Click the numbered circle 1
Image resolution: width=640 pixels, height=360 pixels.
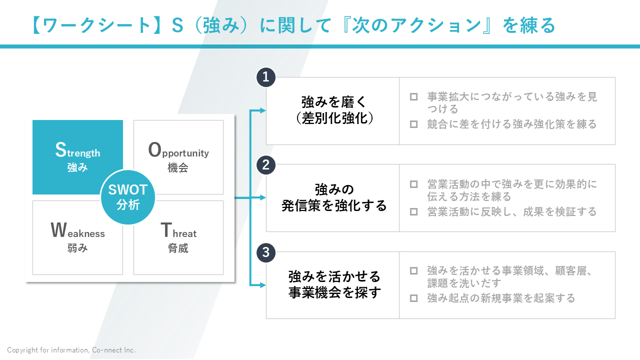click(x=266, y=77)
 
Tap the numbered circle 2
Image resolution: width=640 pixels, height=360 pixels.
click(x=266, y=164)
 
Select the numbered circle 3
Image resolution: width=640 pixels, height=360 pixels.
click(x=266, y=252)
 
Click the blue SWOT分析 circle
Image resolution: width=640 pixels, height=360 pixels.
click(x=128, y=197)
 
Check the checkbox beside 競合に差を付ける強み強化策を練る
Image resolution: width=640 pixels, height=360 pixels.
click(x=413, y=124)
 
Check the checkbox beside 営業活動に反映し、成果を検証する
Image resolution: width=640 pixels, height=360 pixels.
click(x=413, y=211)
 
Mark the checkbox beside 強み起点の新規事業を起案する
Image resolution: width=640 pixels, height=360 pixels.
click(x=413, y=298)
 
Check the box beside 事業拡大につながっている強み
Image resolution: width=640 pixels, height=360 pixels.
click(x=413, y=96)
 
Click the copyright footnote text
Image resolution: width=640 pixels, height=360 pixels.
click(x=71, y=350)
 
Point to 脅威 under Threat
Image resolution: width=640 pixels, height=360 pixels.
click(x=178, y=248)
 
